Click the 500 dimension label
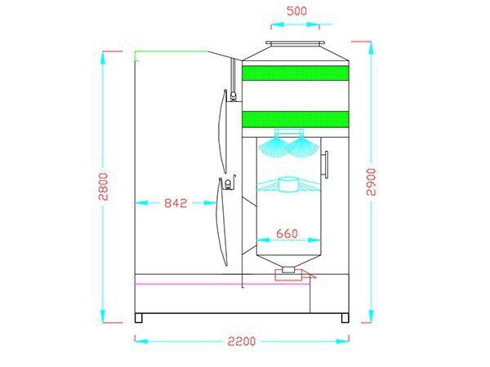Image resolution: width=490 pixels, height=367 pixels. (296, 11)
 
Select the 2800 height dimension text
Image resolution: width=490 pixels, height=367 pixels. (103, 187)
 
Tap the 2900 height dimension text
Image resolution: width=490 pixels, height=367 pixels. (371, 182)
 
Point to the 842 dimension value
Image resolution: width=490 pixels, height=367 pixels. (176, 203)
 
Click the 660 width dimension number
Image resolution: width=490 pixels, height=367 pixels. (287, 233)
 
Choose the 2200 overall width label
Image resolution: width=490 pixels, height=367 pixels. (242, 342)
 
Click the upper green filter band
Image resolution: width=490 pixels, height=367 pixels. (296, 73)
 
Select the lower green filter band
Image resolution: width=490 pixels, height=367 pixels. (296, 119)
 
